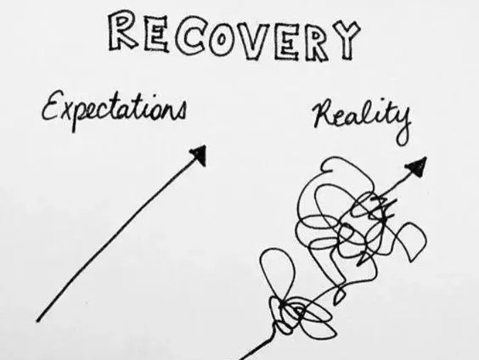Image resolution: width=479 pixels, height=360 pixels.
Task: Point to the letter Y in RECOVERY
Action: pyautogui.click(x=346, y=40)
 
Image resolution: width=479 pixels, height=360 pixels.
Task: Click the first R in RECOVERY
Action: pyautogui.click(x=122, y=31)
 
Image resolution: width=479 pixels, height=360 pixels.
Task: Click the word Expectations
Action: pyautogui.click(x=114, y=110)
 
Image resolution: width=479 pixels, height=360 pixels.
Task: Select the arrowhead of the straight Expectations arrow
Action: pyautogui.click(x=200, y=155)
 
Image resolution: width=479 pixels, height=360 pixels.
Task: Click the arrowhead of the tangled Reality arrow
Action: pyautogui.click(x=417, y=166)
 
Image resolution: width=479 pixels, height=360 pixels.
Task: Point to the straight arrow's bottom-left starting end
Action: pyautogui.click(x=37, y=321)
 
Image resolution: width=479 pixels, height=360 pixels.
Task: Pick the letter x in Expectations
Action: pyautogui.click(x=69, y=112)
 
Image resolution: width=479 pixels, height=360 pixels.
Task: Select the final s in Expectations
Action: pyautogui.click(x=181, y=111)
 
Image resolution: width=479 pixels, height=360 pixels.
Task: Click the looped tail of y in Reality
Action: pyautogui.click(x=403, y=137)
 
